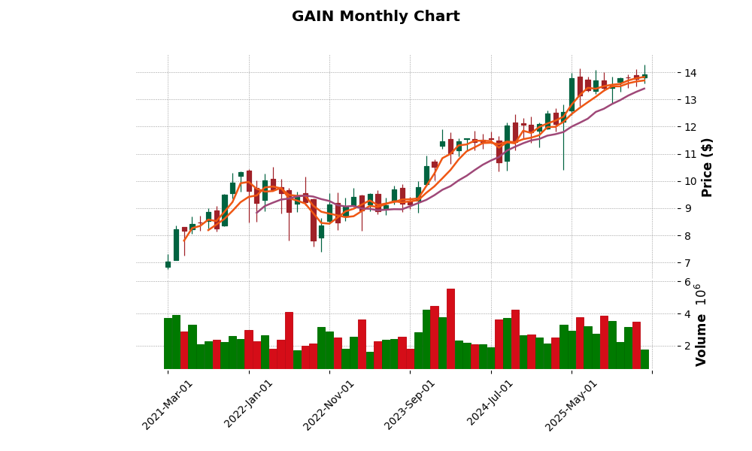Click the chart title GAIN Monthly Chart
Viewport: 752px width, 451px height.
click(x=375, y=17)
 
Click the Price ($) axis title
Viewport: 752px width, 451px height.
click(x=707, y=167)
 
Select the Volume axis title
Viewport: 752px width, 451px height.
click(x=701, y=325)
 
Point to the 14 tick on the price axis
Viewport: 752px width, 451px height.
click(x=690, y=73)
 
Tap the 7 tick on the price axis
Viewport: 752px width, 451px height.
click(x=687, y=263)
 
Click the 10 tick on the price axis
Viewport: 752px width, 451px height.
click(x=690, y=181)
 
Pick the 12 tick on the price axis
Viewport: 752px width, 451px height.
click(x=690, y=127)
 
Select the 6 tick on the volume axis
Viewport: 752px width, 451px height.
click(x=687, y=282)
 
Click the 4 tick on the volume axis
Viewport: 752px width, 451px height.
click(x=687, y=314)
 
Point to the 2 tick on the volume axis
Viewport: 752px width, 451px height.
click(x=687, y=346)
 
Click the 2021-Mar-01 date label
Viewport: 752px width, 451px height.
click(x=168, y=404)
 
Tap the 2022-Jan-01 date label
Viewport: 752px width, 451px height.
click(x=249, y=404)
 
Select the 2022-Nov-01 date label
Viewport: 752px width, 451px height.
click(x=329, y=404)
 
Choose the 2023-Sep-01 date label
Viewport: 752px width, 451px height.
click(x=410, y=404)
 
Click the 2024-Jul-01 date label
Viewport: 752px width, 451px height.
click(x=490, y=404)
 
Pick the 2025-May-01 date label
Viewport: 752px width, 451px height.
click(x=572, y=404)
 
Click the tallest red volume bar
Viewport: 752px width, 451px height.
click(x=450, y=328)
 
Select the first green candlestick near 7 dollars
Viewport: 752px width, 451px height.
click(x=168, y=265)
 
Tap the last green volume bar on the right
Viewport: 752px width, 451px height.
click(x=644, y=359)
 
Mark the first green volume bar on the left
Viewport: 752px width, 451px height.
click(x=168, y=344)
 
